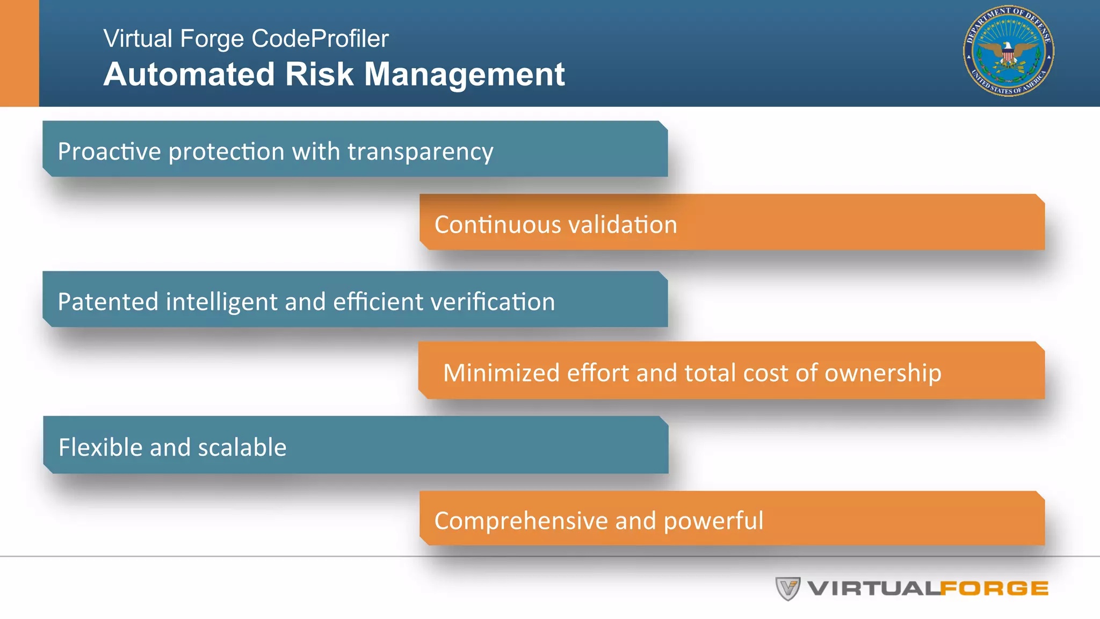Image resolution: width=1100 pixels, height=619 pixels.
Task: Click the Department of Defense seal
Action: coord(1008,51)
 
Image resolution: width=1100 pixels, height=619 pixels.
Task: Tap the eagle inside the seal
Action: coord(1008,53)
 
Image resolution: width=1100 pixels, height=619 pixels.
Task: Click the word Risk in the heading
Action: coord(319,74)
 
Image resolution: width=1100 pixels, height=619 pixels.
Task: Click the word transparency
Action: coord(420,152)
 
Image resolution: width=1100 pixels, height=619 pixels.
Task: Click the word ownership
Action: coord(882,373)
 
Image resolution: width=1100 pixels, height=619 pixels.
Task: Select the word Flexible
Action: coord(100,448)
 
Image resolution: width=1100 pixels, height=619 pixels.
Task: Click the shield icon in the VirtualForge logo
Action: coord(788,588)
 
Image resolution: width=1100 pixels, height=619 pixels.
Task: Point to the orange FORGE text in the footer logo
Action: coord(994,589)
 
